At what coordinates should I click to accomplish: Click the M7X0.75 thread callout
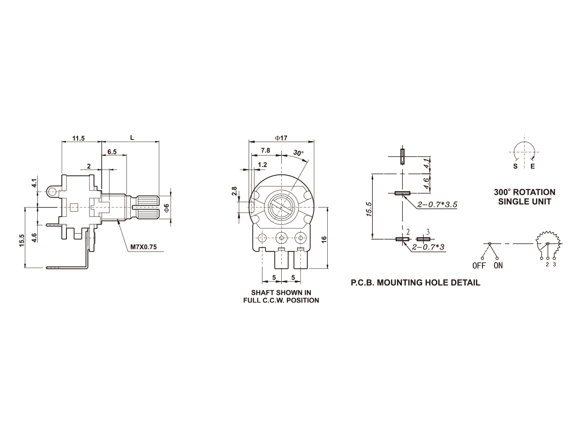(143, 247)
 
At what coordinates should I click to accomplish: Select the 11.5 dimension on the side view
(78, 139)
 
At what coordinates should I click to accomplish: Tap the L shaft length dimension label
(132, 138)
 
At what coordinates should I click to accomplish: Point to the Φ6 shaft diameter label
(166, 208)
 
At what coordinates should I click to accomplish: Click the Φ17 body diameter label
(281, 138)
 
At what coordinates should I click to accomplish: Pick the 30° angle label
(299, 153)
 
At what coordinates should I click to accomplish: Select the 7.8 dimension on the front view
(265, 150)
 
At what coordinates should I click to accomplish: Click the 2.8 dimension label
(234, 191)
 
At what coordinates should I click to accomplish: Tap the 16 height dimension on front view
(324, 240)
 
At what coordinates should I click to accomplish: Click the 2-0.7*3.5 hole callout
(437, 204)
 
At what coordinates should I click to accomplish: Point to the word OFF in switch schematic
(479, 266)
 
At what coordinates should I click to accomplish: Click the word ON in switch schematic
(498, 266)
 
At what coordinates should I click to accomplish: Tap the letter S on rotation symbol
(515, 167)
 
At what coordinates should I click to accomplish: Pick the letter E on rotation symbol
(532, 167)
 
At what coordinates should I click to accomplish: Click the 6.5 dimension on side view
(112, 152)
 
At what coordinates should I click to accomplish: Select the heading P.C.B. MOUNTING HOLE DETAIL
(416, 283)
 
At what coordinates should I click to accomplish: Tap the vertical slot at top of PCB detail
(402, 156)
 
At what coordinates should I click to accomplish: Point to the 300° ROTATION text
(524, 193)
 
